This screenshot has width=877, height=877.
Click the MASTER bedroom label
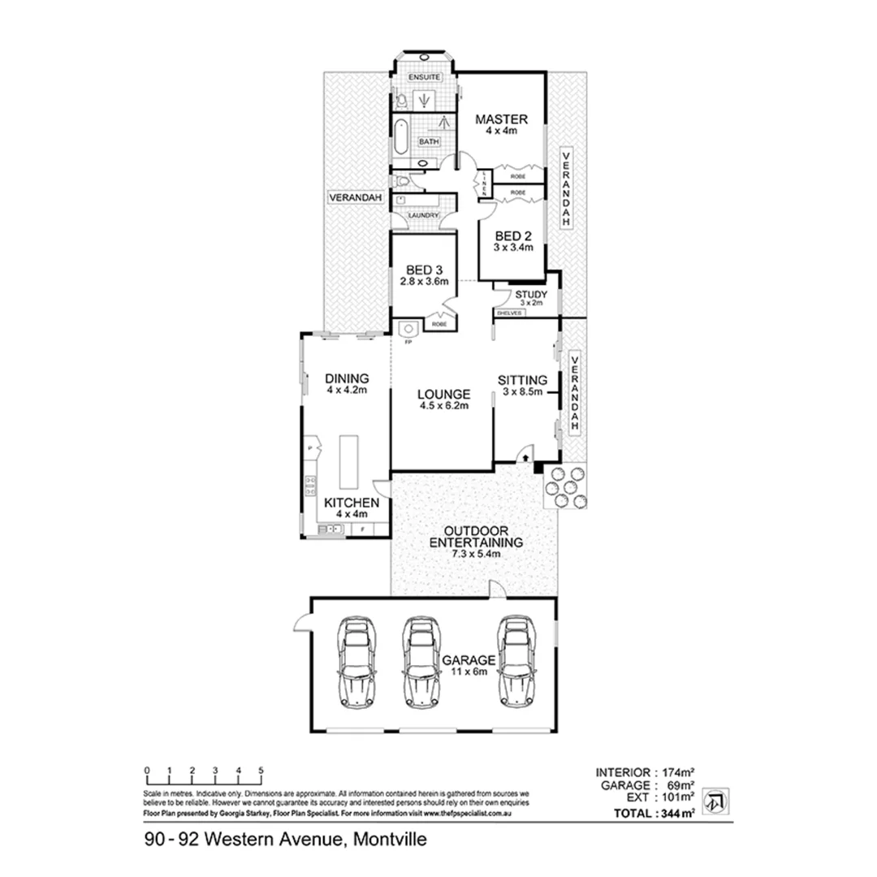pos(502,118)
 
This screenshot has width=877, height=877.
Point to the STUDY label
pos(531,294)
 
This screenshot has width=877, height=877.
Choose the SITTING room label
pos(524,379)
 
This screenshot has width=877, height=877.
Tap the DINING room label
pos(347,378)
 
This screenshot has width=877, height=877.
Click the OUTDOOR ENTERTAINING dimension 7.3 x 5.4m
pos(475,554)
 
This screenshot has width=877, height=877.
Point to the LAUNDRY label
pos(423,216)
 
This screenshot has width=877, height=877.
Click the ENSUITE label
pos(424,76)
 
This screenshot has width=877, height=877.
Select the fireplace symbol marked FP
pos(408,329)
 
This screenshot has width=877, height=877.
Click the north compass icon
pos(714,801)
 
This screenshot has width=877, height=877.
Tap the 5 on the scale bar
pos(261,769)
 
